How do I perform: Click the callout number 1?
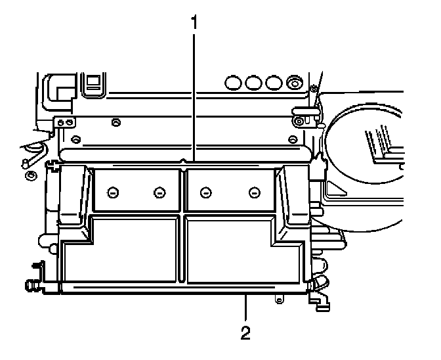(x=194, y=21)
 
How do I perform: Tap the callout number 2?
(x=245, y=332)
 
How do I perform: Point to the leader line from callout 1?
(x=194, y=92)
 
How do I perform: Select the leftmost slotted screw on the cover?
(x=112, y=192)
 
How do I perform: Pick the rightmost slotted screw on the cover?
(x=254, y=192)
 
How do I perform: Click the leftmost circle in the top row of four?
(x=232, y=83)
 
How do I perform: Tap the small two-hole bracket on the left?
(x=64, y=122)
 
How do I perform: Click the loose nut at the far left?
(x=30, y=175)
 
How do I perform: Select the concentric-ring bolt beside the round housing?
(x=299, y=121)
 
